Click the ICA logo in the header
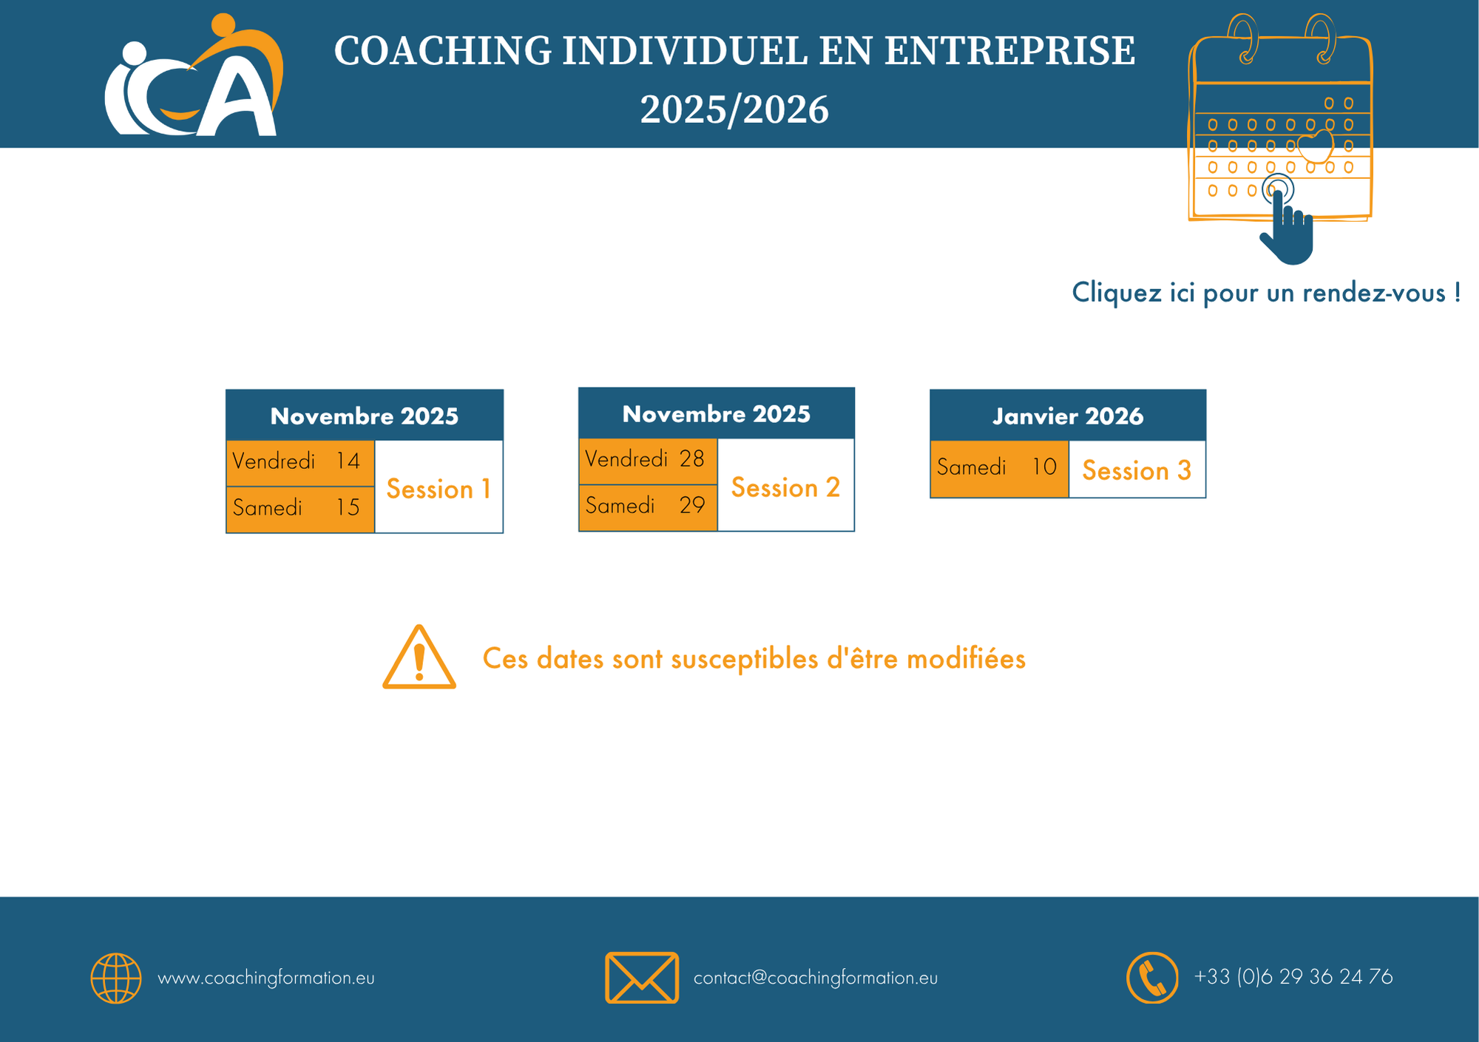coord(194,75)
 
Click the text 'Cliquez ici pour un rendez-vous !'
coord(1266,293)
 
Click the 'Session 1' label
coord(439,490)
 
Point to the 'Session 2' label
coord(785,488)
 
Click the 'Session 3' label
coord(1137,471)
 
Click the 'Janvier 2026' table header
coord(1068,416)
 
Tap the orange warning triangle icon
coord(419,657)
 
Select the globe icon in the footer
coord(116,978)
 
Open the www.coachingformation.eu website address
coord(266,978)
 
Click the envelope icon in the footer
coord(642,978)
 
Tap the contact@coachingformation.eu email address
coord(816,978)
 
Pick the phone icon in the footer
coord(1152,978)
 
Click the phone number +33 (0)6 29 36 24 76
coord(1293,977)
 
